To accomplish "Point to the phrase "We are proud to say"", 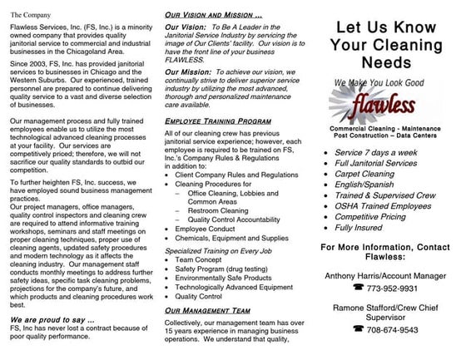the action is coord(51,318).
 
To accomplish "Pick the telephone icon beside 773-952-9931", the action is coord(359,287).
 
